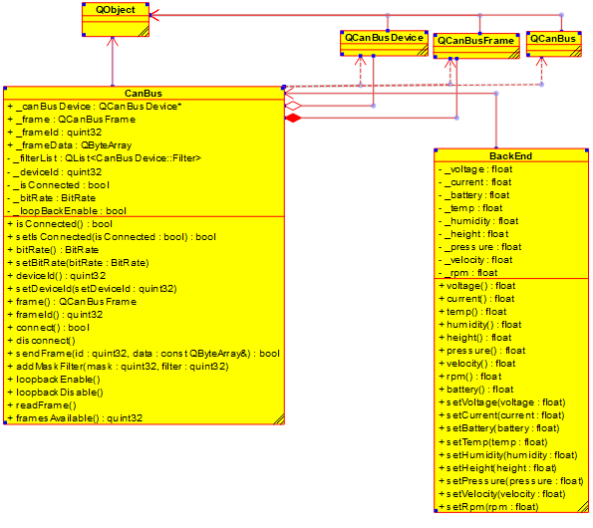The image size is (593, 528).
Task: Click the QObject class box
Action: (x=116, y=20)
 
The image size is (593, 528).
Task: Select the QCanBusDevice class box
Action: (x=384, y=43)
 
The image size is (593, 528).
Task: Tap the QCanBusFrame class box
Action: (x=476, y=46)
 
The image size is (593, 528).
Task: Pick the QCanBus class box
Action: (x=554, y=44)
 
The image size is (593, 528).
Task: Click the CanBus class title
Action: (x=144, y=94)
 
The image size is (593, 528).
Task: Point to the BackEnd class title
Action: (x=510, y=156)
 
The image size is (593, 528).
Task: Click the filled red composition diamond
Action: (x=293, y=118)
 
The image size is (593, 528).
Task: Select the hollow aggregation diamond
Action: (x=293, y=106)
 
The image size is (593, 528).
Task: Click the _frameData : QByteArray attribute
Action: (x=70, y=145)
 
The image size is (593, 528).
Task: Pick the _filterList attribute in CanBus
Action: (x=105, y=158)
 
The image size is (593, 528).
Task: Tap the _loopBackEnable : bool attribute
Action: (x=67, y=211)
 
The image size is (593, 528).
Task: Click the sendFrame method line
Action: (x=144, y=354)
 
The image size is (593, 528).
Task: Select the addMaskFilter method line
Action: (x=118, y=367)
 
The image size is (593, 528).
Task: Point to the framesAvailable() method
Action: (x=75, y=418)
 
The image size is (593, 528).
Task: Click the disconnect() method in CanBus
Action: (x=42, y=341)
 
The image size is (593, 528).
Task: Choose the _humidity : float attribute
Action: (x=478, y=221)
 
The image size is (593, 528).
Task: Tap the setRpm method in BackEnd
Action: (x=488, y=507)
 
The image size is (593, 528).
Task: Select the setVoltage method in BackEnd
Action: (x=502, y=402)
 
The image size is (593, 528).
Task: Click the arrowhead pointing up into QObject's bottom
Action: (x=113, y=41)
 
